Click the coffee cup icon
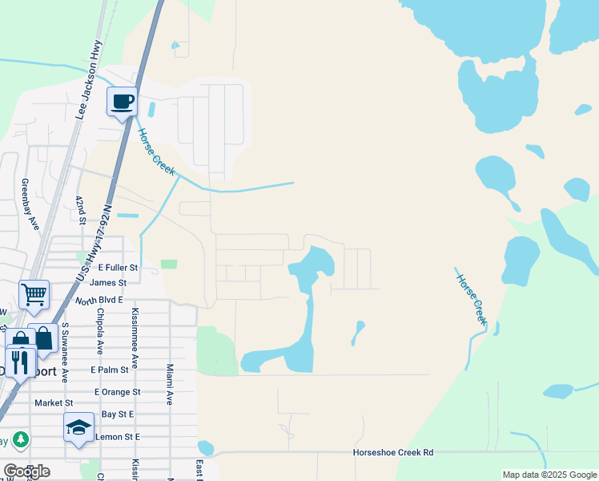[x=123, y=102]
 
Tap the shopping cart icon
[x=34, y=294]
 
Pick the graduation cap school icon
[x=79, y=427]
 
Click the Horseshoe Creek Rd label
[x=393, y=453]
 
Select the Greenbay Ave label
[x=29, y=204]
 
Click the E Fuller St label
[x=119, y=267]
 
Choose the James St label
[x=108, y=283]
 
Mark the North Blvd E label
[x=99, y=300]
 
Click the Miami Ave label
[x=170, y=383]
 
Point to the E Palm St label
[x=110, y=370]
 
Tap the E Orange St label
[x=117, y=392]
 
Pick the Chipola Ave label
[x=100, y=330]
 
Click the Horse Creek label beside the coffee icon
[x=155, y=153]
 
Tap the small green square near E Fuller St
[x=168, y=264]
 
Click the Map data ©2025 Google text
[x=549, y=475]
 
